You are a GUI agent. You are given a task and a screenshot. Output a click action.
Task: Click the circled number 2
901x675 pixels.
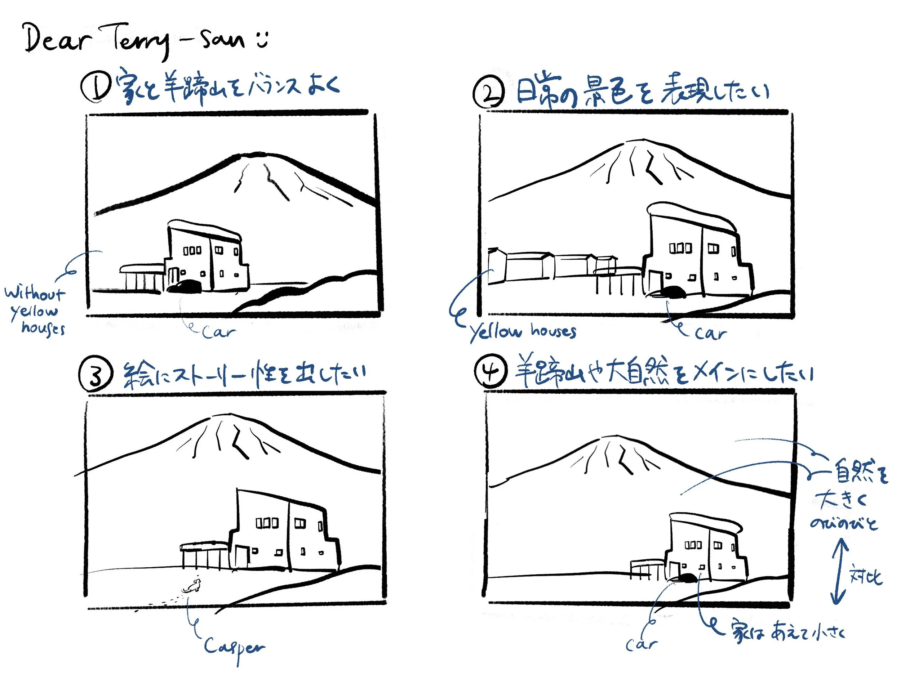tap(488, 93)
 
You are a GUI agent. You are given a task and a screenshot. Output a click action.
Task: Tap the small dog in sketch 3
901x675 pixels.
tap(192, 586)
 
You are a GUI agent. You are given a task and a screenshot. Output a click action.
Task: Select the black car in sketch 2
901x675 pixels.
tap(672, 292)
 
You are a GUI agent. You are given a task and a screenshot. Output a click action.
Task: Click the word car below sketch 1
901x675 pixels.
tap(219, 332)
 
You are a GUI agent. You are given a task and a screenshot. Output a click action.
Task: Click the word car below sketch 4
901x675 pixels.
tap(642, 644)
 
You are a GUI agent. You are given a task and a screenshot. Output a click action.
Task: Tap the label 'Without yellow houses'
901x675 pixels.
tap(36, 310)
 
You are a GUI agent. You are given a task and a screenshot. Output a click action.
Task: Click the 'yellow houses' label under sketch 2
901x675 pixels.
tap(523, 332)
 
